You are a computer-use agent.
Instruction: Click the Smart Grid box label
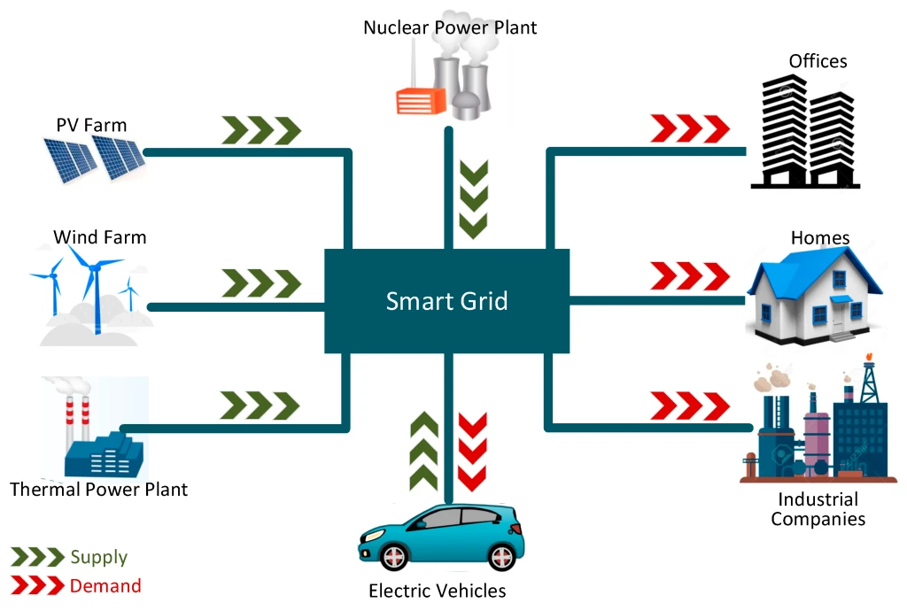446,301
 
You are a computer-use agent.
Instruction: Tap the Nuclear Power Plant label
450,27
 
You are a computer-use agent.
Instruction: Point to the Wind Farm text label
99,237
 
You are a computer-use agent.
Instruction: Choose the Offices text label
818,61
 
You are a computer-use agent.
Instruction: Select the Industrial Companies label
818,509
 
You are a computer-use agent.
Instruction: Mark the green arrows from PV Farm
260,130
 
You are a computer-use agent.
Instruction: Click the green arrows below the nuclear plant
475,198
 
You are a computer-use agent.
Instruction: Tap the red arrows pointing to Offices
690,128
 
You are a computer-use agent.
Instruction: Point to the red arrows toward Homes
690,275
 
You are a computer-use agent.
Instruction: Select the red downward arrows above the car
472,451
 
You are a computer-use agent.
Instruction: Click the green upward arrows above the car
424,451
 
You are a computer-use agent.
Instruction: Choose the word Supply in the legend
99,557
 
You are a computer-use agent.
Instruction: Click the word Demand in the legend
105,585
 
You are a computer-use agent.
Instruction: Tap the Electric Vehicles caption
438,591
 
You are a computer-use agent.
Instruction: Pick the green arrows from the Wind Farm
260,283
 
